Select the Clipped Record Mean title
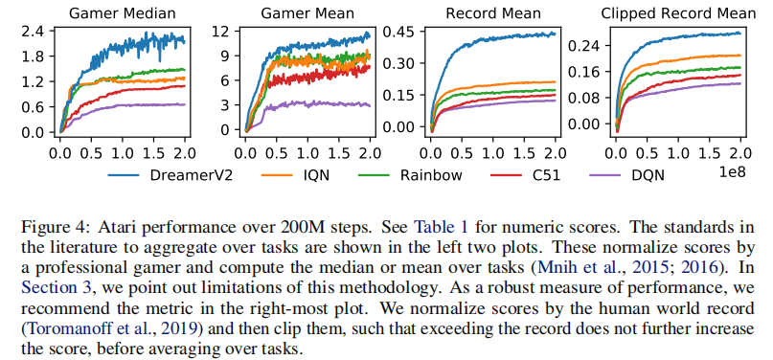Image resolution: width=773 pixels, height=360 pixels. (678, 13)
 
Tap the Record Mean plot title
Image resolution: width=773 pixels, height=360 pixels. (493, 12)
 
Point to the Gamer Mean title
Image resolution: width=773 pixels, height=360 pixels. (307, 12)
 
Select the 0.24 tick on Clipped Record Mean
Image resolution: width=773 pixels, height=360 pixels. (583, 46)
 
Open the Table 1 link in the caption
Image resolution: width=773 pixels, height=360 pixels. (442, 228)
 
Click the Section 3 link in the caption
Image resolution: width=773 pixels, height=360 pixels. (57, 286)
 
